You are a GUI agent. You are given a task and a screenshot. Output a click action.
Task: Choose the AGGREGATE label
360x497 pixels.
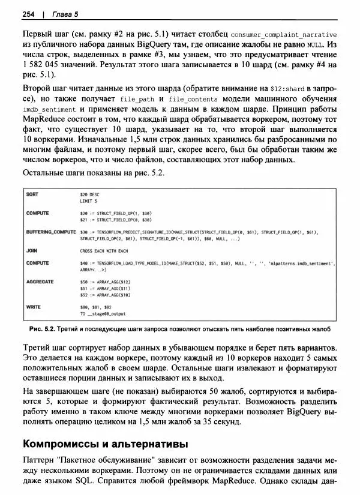pyautogui.click(x=40, y=282)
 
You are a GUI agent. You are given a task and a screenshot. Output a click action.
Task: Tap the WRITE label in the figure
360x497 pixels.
pyautogui.click(x=34, y=307)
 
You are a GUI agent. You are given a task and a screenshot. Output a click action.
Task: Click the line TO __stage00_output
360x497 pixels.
pyautogui.click(x=103, y=314)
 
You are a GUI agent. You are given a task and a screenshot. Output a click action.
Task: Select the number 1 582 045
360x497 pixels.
pyautogui.click(x=41, y=64)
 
